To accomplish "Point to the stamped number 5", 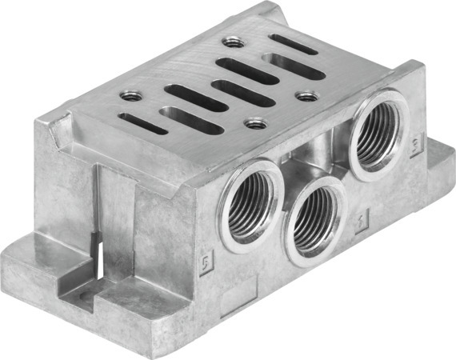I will tap(205, 264).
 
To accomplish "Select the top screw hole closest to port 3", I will tap(306, 95).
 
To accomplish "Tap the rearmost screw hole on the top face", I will tap(234, 42).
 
